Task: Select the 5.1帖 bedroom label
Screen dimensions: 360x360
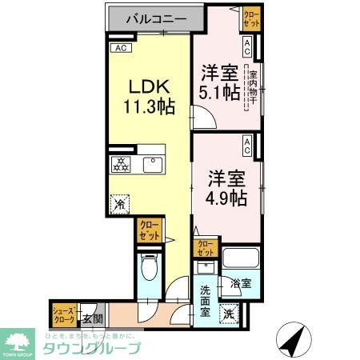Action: [x=218, y=82]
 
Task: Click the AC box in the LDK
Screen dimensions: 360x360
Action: [x=122, y=48]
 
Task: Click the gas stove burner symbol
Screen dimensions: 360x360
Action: [x=120, y=166]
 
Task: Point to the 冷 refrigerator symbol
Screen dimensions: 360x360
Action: [x=119, y=204]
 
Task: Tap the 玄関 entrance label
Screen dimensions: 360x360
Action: [x=93, y=318]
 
